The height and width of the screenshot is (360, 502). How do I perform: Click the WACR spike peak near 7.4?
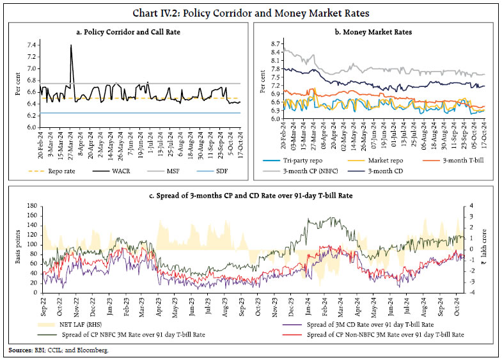(70, 45)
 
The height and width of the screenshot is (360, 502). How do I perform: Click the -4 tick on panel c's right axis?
(472, 293)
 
